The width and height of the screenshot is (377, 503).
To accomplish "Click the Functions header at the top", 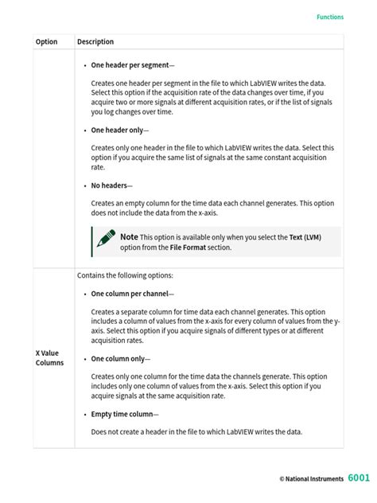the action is click(330, 16).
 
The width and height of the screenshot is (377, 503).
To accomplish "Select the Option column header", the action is click(46, 42).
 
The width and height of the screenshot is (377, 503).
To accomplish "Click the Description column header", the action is click(95, 42).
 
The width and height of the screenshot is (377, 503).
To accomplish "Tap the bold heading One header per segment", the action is click(130, 64).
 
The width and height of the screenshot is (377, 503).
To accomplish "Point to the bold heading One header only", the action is click(118, 130).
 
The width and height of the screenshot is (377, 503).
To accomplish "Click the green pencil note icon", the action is click(105, 239).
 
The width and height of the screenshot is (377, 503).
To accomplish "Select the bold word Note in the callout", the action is click(129, 237).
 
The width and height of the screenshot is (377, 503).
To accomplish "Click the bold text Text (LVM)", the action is click(305, 237).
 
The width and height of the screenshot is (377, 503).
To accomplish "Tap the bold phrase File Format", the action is click(188, 248).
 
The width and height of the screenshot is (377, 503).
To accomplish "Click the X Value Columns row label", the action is click(49, 357).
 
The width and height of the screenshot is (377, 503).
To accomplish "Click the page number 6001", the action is click(359, 478).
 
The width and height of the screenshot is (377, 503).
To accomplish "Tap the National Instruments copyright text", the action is click(311, 479).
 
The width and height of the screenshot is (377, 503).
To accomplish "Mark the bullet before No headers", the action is click(85, 185).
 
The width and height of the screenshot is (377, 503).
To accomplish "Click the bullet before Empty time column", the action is click(85, 415).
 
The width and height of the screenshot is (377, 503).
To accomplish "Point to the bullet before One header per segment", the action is click(85, 64).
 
